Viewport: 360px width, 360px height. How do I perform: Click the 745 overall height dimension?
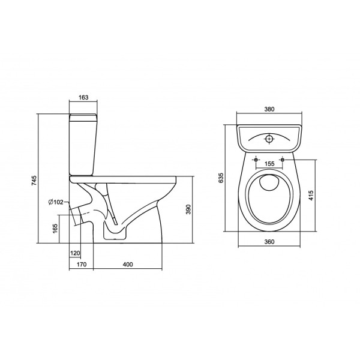pos(34,181)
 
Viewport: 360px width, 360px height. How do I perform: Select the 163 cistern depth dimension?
pos(83,97)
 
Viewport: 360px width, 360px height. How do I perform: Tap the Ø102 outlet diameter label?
pos(56,202)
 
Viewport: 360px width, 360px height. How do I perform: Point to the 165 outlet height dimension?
pos(55,229)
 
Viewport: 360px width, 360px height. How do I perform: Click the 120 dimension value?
pos(75,253)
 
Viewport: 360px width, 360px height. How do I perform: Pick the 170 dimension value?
pos(82,265)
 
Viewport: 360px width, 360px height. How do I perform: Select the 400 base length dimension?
pos(128,265)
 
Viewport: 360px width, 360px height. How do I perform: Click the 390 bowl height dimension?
pos(188,209)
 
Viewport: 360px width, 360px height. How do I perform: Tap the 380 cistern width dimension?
pos(269,109)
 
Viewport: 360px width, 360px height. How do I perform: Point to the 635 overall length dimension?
pos(220,178)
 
